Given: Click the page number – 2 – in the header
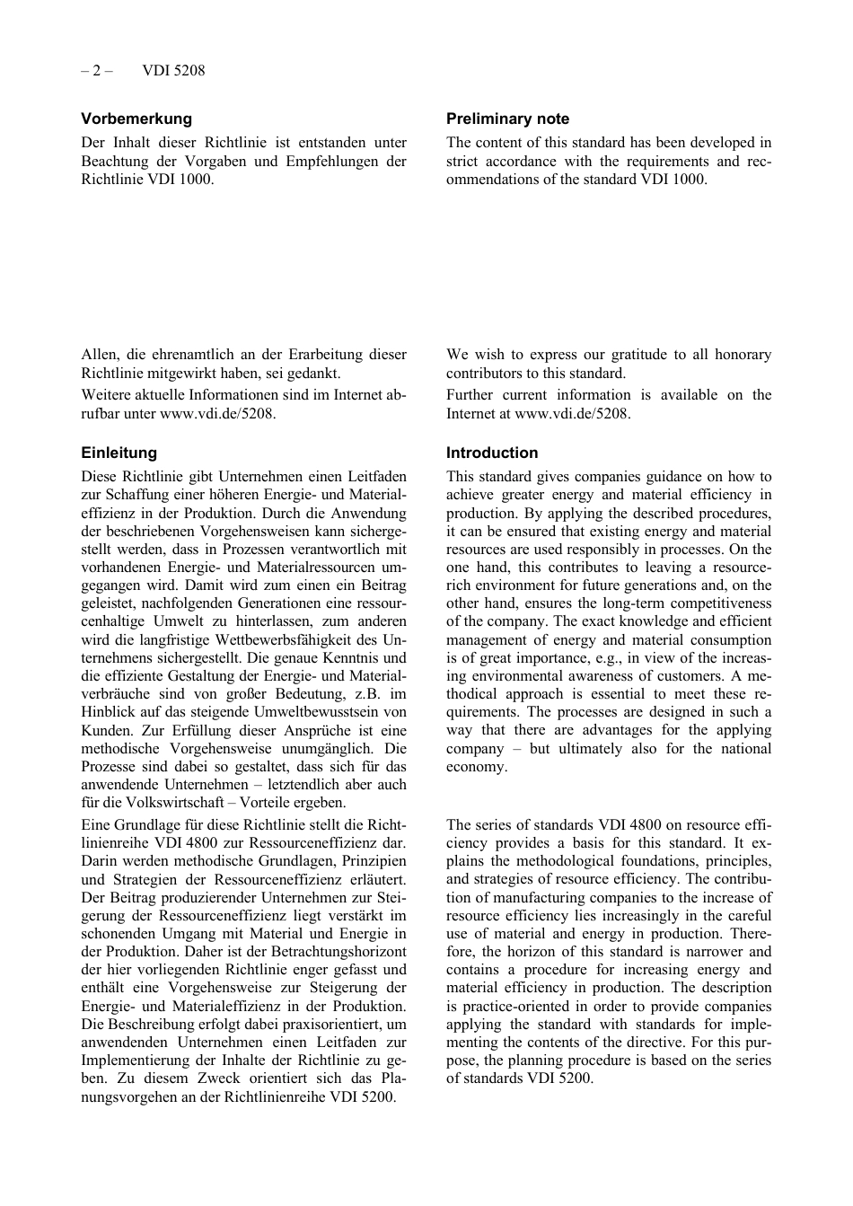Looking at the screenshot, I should tap(97, 70).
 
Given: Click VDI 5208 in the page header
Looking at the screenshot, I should tap(173, 70).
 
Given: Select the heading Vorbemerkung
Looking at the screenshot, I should tap(136, 119).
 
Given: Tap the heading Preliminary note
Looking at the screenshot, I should tap(507, 119).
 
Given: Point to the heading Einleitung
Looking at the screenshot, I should tap(119, 453).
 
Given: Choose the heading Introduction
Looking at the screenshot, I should tap(492, 453).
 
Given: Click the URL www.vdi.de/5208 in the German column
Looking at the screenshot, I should tap(217, 414).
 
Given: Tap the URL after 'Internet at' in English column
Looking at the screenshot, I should tap(572, 414).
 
